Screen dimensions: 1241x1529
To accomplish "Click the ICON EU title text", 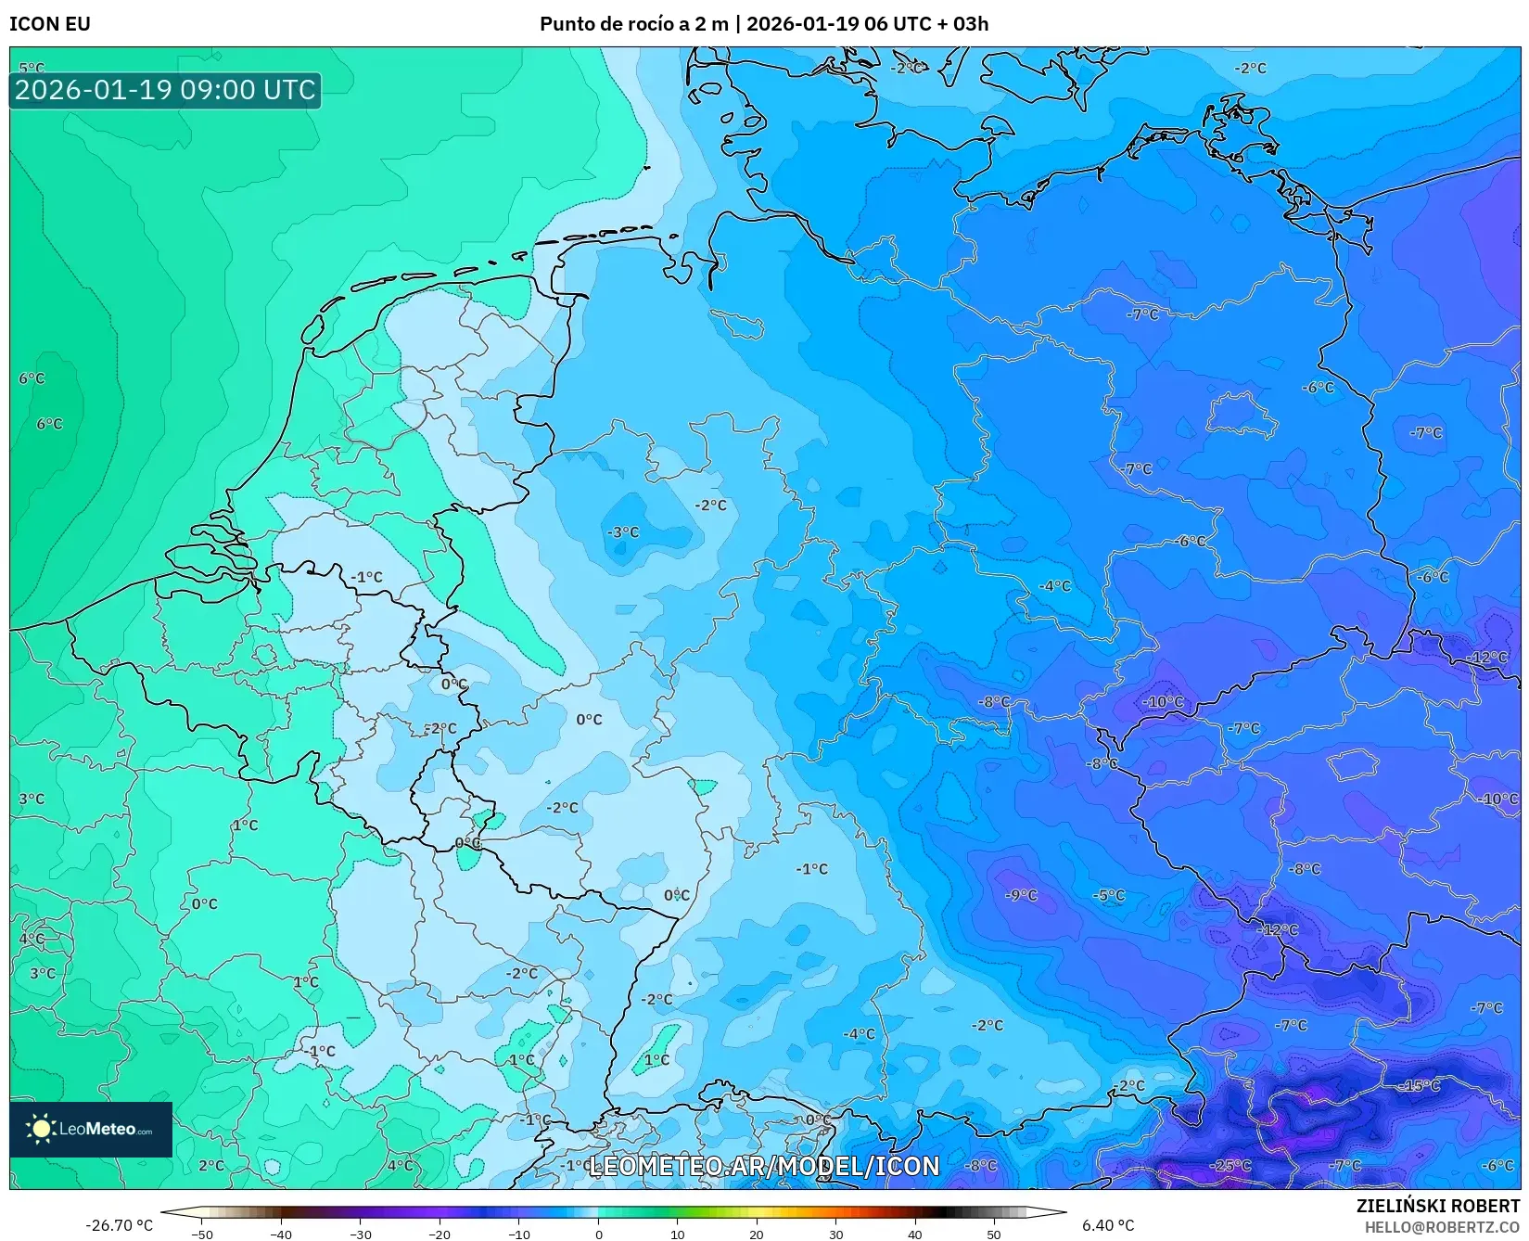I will (50, 24).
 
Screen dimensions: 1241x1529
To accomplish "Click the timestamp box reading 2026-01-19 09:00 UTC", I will (165, 90).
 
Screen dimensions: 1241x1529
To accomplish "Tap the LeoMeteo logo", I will (91, 1129).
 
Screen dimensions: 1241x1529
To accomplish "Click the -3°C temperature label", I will (623, 532).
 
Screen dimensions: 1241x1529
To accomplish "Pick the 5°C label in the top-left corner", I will (32, 68).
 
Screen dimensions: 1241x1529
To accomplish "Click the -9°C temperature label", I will (1021, 895).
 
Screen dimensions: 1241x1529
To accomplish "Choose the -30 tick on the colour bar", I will (361, 1234).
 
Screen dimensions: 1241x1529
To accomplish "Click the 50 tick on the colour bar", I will (994, 1234).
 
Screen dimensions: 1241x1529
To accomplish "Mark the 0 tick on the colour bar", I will (598, 1234).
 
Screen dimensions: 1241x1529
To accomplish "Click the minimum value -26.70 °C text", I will (119, 1225).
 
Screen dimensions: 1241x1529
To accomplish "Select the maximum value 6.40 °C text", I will (1108, 1225).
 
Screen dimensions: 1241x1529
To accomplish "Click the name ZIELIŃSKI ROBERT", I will (1438, 1206).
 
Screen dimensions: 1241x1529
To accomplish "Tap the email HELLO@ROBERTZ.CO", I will (1442, 1227).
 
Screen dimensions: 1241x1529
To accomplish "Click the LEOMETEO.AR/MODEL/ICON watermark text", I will (764, 1166).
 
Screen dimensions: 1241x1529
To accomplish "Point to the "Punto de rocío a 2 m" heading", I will (633, 24).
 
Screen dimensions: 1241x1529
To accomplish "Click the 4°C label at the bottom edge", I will (400, 1166).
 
